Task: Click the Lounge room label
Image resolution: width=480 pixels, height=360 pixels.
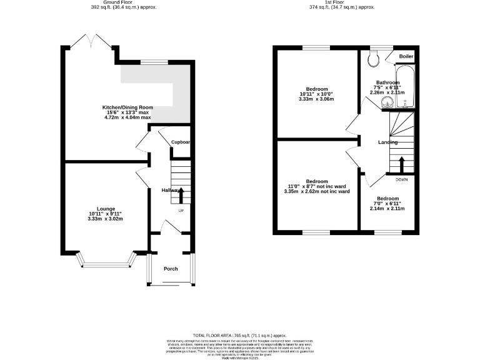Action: tap(105, 208)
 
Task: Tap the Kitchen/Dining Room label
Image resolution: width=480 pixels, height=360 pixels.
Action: tap(127, 107)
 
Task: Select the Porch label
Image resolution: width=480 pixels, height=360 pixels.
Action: tap(171, 269)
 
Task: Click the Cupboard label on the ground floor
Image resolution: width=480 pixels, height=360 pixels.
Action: tap(181, 142)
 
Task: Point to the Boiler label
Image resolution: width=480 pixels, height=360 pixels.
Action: tap(406, 57)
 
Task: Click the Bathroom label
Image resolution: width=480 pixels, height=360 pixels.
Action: tap(387, 82)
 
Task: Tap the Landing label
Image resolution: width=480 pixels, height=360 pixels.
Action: tap(387, 142)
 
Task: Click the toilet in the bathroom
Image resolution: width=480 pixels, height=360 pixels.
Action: tap(375, 58)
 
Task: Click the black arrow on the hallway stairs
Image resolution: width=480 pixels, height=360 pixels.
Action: tap(181, 194)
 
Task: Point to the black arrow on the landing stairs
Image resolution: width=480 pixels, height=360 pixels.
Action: tap(401, 164)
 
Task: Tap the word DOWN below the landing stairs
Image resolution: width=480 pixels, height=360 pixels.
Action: tap(401, 179)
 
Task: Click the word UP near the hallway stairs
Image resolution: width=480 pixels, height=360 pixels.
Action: tap(181, 210)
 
